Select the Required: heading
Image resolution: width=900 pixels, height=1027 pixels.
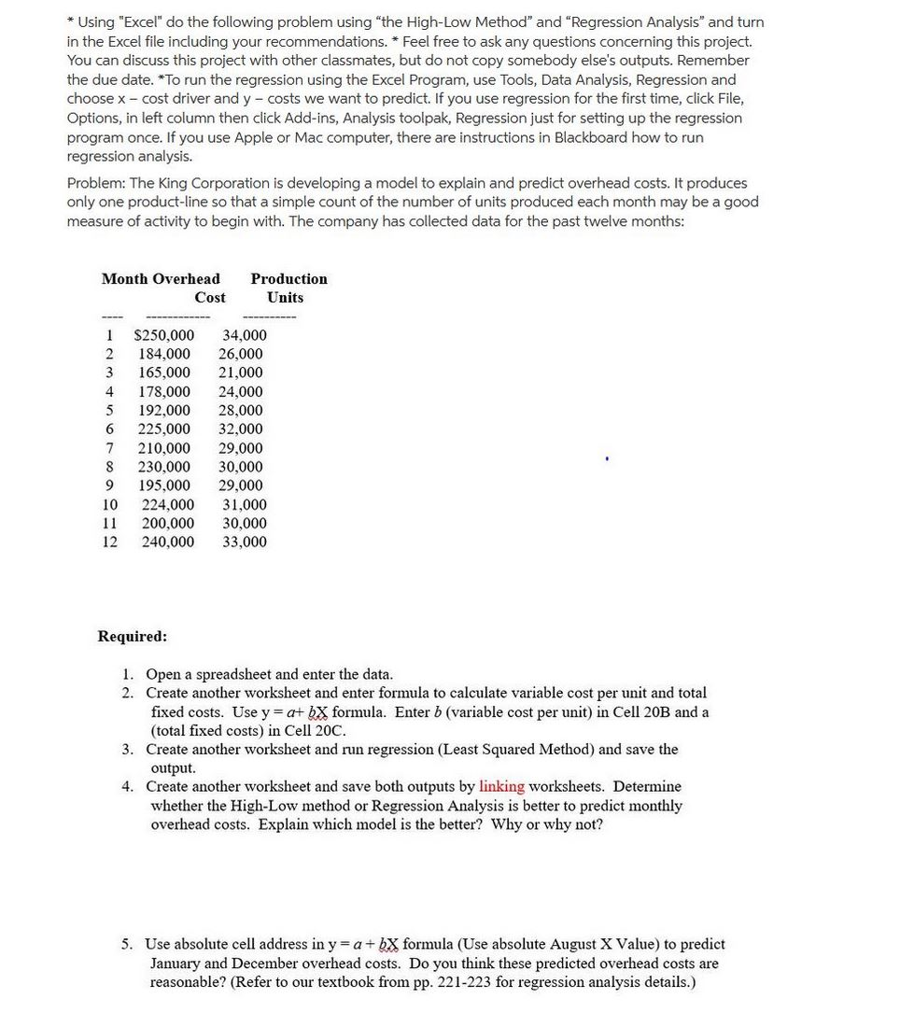(x=133, y=636)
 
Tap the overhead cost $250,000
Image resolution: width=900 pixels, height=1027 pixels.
(x=164, y=335)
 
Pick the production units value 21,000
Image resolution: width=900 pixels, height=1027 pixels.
(x=241, y=373)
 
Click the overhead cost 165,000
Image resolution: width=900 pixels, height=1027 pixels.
(x=164, y=373)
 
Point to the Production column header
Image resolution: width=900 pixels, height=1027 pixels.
(x=288, y=278)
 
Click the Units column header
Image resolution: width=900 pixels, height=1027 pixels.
(x=285, y=297)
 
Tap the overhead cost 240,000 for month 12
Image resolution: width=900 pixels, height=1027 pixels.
(x=168, y=542)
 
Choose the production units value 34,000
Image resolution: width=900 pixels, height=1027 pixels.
(x=244, y=335)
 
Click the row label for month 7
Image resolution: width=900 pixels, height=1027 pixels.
(x=109, y=448)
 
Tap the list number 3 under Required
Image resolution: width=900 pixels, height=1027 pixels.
(x=128, y=749)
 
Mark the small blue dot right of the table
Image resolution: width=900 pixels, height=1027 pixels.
(x=608, y=458)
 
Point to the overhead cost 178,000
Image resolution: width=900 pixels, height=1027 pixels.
(x=164, y=392)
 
